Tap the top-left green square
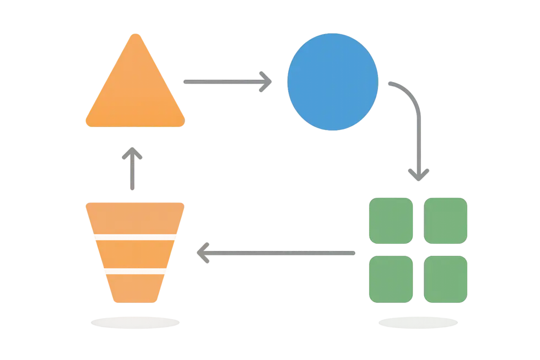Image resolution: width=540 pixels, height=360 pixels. tap(390, 220)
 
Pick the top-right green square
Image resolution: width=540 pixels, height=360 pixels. tap(446, 220)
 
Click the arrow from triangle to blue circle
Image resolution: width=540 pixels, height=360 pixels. tap(226, 83)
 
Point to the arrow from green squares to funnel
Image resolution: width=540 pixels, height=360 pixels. tap(276, 253)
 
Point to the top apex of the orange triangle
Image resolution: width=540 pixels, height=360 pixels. tap(135, 36)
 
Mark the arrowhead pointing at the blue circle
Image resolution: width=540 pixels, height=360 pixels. tap(266, 83)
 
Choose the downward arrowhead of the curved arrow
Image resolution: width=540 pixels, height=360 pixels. tap(418, 175)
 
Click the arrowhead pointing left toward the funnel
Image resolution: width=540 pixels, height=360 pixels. tap(203, 253)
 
